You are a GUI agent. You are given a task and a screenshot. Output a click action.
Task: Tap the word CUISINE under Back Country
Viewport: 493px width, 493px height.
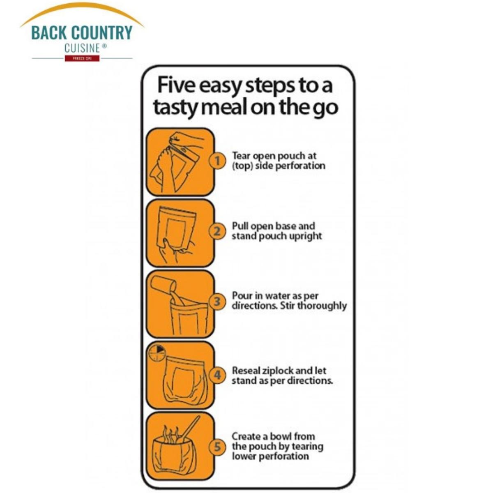point(82,48)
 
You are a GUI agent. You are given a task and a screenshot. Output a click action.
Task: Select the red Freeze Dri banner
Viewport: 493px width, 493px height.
point(82,58)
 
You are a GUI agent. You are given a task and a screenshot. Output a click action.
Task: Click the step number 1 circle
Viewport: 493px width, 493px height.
point(217,161)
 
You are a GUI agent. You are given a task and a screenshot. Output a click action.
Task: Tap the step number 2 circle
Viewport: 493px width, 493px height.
point(217,231)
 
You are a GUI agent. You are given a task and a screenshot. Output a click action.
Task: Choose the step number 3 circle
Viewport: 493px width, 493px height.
point(217,301)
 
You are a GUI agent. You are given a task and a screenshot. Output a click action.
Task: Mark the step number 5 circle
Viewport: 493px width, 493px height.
point(217,447)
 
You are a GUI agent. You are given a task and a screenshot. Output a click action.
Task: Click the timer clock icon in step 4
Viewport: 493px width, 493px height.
point(157,352)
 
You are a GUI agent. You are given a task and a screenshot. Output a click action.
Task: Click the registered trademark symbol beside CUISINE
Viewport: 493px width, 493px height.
point(104,46)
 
